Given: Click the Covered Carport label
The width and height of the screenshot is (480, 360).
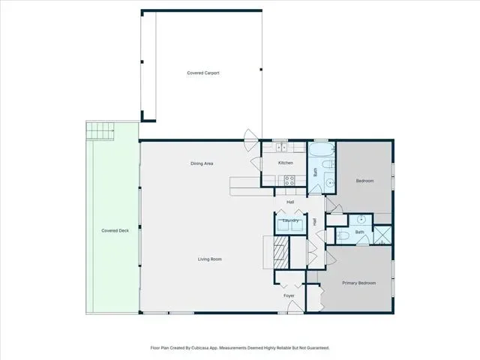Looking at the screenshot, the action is [x=203, y=73].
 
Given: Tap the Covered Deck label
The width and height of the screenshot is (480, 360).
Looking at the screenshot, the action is [x=115, y=230].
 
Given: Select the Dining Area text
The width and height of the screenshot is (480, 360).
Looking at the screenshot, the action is [x=202, y=163].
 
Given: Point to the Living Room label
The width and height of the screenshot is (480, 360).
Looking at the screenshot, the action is [x=210, y=259].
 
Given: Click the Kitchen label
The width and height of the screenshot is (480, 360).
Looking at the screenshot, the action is [x=286, y=163].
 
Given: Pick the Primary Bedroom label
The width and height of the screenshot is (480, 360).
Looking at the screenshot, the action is [x=358, y=283].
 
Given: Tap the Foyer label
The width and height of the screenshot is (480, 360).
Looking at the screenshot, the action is [x=289, y=295].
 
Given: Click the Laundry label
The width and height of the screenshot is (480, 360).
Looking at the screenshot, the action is [x=290, y=220].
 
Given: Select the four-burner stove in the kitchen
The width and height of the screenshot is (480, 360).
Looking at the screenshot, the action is [x=289, y=181].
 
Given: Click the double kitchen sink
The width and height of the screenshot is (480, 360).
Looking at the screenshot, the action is [x=282, y=148].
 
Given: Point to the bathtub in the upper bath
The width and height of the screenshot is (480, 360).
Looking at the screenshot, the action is [x=321, y=150].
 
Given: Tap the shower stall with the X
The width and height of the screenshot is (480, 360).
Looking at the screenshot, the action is [x=382, y=235].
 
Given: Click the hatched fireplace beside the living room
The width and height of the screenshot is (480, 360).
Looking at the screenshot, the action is [x=281, y=253].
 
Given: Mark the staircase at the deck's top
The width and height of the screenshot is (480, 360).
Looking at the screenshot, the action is [x=100, y=130].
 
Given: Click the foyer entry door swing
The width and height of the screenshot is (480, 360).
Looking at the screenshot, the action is [x=295, y=307].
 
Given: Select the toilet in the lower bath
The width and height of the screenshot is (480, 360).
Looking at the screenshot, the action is [x=343, y=235].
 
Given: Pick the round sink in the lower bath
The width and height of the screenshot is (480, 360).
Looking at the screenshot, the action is [x=361, y=219].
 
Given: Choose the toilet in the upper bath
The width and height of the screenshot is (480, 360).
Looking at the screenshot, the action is [x=328, y=164].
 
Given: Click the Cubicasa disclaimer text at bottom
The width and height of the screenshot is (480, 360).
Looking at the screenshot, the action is [x=240, y=348].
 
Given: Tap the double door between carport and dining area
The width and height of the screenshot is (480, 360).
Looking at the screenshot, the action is [x=251, y=140].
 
